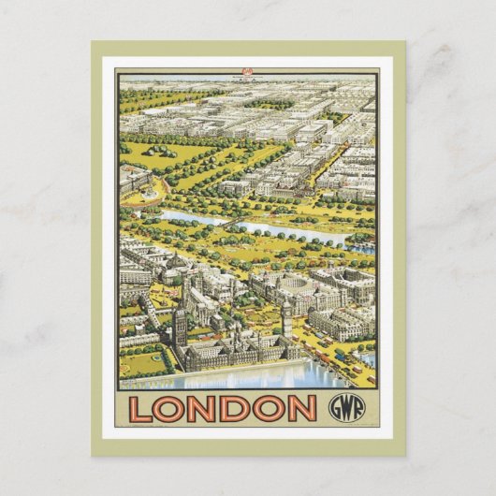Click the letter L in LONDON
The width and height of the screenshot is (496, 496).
pyautogui.click(x=144, y=409)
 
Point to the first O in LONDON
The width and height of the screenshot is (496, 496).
pyautogui.click(x=171, y=409)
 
